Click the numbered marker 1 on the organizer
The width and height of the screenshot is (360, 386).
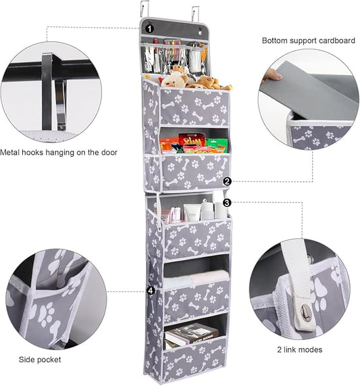coord(149,28)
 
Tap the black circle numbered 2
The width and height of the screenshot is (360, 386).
coord(227,181)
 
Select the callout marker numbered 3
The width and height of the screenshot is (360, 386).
coord(227,201)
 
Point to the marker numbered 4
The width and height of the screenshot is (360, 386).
coord(149,291)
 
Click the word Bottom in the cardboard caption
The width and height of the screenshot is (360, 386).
coord(276,41)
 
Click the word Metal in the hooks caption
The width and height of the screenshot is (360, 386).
coord(11,153)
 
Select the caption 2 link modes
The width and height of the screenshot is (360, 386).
coord(300,350)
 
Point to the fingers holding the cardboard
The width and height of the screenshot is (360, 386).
coord(272,74)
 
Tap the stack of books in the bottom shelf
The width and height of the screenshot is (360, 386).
coord(190,335)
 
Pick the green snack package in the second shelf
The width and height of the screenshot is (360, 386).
coord(216,145)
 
